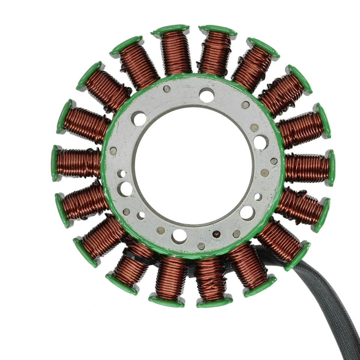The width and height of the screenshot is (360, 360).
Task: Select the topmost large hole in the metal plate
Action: (207, 95)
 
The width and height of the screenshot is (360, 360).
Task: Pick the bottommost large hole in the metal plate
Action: (179, 236)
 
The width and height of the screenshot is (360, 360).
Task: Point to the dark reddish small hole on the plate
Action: (216, 234)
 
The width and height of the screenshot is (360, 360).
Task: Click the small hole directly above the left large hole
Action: (121, 174)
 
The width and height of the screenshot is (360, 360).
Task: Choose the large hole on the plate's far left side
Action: (125, 189)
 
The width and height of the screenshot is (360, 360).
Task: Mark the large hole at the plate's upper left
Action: (139, 118)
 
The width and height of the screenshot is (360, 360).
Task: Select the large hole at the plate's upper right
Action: (261, 142)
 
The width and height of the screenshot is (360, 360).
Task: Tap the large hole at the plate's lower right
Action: (247, 213)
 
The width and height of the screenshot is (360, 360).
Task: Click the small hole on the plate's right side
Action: (258, 196)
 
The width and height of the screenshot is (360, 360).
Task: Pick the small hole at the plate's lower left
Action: (141, 216)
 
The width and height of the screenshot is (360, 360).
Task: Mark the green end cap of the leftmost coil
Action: (55, 163)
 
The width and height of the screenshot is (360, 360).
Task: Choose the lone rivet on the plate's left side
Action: (113, 151)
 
